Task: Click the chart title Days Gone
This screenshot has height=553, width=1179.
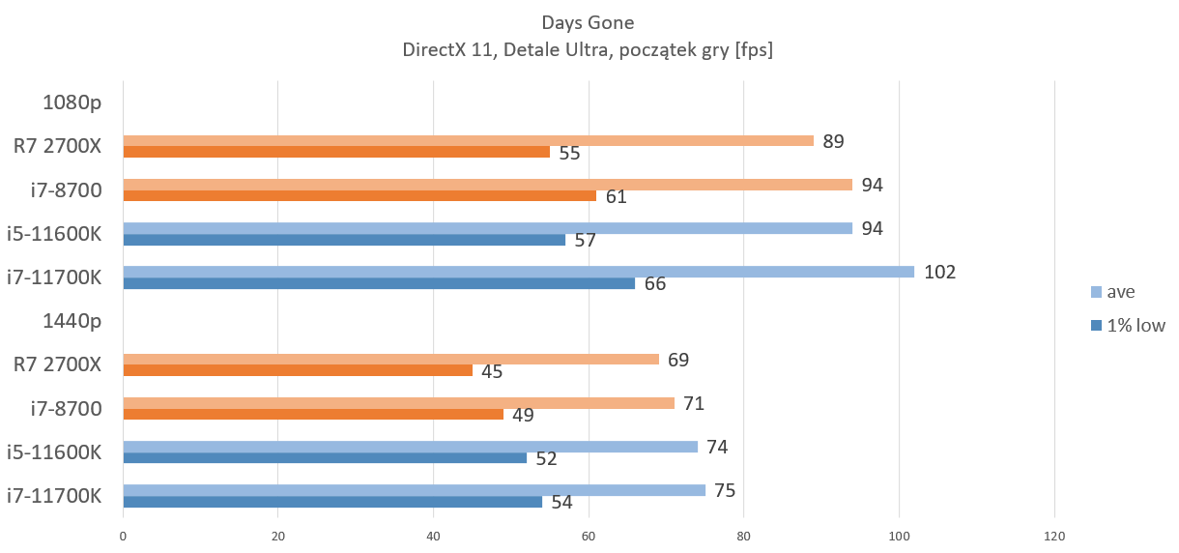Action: (589, 21)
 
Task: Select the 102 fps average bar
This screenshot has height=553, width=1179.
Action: (518, 272)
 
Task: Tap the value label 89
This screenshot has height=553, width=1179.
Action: (833, 141)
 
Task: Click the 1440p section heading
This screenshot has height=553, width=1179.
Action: (72, 321)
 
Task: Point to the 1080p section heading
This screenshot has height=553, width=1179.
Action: (72, 101)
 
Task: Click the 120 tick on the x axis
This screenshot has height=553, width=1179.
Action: (1054, 537)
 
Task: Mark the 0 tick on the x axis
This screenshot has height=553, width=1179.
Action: (123, 537)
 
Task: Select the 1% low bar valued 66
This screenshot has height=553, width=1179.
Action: (379, 283)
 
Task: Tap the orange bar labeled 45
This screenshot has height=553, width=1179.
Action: (298, 370)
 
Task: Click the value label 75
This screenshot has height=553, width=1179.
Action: (725, 490)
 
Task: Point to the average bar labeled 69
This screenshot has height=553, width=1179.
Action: (390, 359)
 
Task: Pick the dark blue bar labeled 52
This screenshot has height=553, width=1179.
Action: (325, 457)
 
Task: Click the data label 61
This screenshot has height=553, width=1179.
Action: (616, 197)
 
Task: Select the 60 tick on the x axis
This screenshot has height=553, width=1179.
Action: (589, 537)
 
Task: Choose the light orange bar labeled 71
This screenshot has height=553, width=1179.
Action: (398, 403)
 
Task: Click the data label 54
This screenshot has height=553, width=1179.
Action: (562, 503)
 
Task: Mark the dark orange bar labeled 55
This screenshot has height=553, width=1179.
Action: (336, 152)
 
